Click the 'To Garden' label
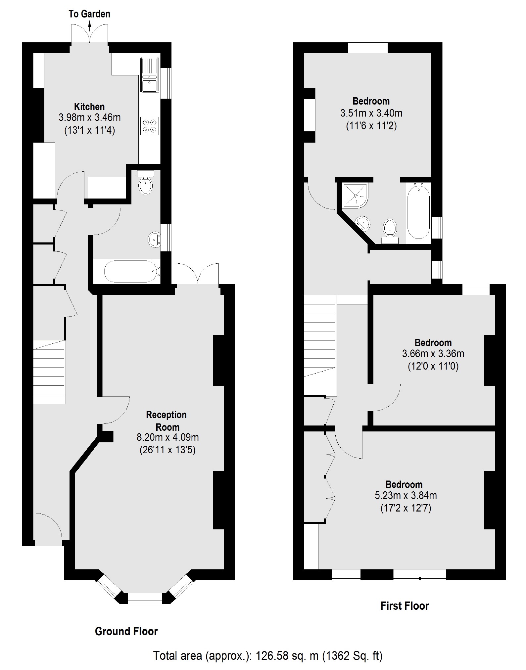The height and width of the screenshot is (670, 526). pos(89,14)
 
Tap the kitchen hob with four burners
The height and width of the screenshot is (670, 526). pos(150,126)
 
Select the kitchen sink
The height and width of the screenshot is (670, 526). pos(150,75)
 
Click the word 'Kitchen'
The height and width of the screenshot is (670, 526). pos(89,107)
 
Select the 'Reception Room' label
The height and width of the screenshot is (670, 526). pos(167,421)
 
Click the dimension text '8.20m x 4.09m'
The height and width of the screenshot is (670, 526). pos(167,437)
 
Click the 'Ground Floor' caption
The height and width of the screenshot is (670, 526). pos(126,631)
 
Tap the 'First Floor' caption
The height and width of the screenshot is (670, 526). pos(405,606)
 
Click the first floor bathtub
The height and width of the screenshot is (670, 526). pos(418,212)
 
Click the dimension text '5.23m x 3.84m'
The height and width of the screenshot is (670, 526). pos(406,495)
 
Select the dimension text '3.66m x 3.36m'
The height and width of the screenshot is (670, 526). pos(433,354)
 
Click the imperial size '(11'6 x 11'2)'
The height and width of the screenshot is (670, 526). pos(371,126)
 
